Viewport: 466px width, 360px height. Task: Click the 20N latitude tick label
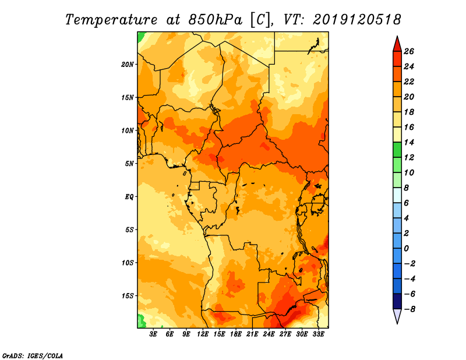pos(128,65)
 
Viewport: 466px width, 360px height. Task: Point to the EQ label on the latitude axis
pos(129,197)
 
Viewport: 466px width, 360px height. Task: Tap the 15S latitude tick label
pos(128,296)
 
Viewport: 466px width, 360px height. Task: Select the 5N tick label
pos(129,164)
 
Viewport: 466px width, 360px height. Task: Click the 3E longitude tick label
pos(153,334)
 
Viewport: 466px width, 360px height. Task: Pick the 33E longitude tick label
pos(318,334)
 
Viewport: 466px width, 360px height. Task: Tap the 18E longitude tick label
pos(236,334)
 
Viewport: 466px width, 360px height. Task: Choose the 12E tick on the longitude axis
pos(203,334)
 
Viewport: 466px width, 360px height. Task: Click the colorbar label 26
pos(409,51)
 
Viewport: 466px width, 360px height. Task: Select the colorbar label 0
pos(407,249)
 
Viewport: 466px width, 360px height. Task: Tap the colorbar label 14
pos(409,142)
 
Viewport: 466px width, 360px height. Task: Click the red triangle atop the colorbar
pos(397,45)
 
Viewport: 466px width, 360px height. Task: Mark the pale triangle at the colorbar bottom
pos(397,316)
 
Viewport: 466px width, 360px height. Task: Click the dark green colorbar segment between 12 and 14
pos(397,150)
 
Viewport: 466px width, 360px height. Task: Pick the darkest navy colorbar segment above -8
pos(397,301)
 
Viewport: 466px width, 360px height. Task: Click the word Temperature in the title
pos(111,20)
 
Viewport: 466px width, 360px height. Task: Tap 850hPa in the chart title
pos(216,20)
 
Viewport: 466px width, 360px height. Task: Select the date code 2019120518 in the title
pos(357,20)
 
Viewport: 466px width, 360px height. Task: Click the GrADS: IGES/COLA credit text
pos(33,356)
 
